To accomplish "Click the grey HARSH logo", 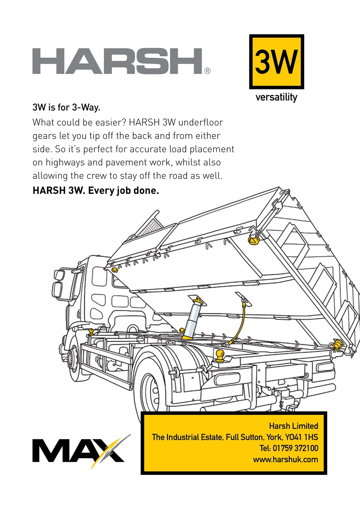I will pos(117,61).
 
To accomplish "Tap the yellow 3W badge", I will pos(276,62).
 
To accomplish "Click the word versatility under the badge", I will pos(276,97).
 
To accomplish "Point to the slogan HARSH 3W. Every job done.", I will pos(95,190).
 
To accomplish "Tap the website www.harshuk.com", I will pos(285,459).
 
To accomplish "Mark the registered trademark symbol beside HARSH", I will pos(207,72).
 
